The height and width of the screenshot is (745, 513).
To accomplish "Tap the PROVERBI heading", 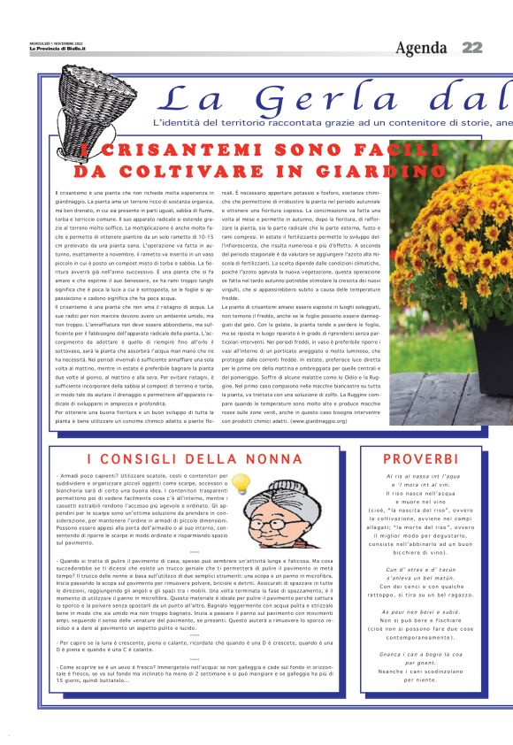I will click(x=422, y=458).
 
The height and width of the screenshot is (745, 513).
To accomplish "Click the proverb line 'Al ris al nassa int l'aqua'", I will click(x=421, y=478).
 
